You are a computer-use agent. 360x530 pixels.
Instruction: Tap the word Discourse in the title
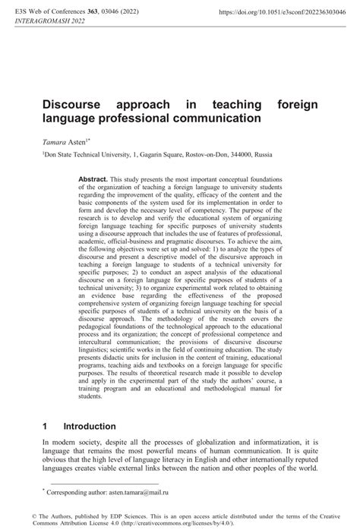point(74,104)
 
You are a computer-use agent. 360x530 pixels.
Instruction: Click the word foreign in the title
point(298,104)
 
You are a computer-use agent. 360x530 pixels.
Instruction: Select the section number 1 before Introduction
point(46,426)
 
